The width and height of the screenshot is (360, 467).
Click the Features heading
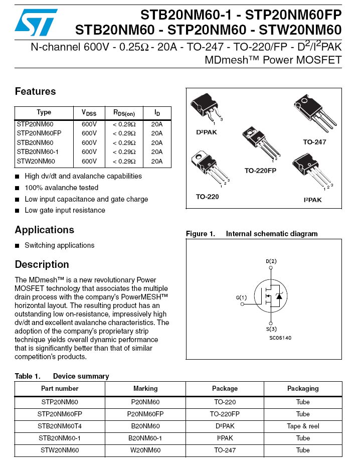pyautogui.click(x=35, y=91)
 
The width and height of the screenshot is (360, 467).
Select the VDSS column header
pyautogui.click(x=89, y=113)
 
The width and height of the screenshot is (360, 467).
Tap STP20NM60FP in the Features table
pyautogui.click(x=39, y=133)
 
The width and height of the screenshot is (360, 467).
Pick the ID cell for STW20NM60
pyautogui.click(x=156, y=161)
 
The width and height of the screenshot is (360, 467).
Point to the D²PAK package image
pyautogui.click(x=206, y=109)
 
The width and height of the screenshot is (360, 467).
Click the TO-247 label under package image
pyautogui.click(x=314, y=142)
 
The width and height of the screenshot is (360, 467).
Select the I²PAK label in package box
pyautogui.click(x=312, y=200)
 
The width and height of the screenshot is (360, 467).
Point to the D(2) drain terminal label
pyautogui.click(x=271, y=261)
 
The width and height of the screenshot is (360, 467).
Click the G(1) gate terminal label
pyautogui.click(x=242, y=297)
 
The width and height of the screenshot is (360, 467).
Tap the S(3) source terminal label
pyautogui.click(x=271, y=329)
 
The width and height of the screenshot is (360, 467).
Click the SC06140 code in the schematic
pyautogui.click(x=280, y=338)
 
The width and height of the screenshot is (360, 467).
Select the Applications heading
pyautogui.click(x=44, y=230)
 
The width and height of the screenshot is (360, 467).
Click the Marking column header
pyautogui.click(x=145, y=388)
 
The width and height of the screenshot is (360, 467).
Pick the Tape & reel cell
pyautogui.click(x=303, y=426)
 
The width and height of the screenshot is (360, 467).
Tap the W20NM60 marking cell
pyautogui.click(x=145, y=450)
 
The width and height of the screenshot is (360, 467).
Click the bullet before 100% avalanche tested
pyautogui.click(x=18, y=188)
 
